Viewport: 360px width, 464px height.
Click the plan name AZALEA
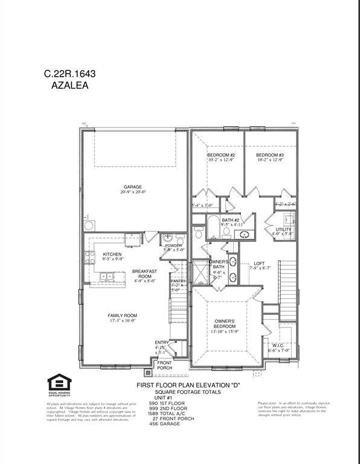[69, 86]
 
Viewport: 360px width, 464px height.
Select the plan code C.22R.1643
[69, 74]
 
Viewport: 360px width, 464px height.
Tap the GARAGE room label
[133, 187]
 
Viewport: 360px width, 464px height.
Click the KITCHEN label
[112, 254]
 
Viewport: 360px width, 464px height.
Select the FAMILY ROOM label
[122, 315]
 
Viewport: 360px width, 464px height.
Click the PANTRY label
[179, 281]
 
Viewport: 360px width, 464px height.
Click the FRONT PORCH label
[164, 365]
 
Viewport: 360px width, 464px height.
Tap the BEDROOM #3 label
[270, 155]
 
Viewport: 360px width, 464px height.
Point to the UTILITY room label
[284, 230]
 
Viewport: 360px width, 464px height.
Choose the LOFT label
[259, 263]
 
